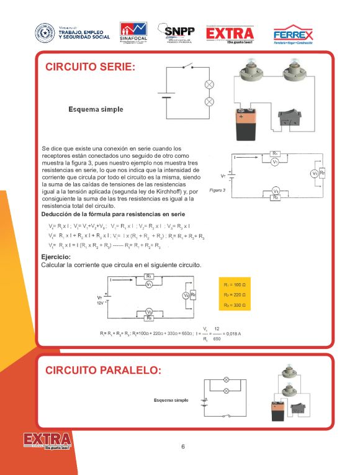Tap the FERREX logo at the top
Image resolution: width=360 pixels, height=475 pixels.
tap(293, 35)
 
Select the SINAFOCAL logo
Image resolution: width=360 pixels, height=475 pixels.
tap(133, 32)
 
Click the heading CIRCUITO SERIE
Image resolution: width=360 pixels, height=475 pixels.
tap(90, 67)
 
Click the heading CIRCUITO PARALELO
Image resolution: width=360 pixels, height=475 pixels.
tap(103, 371)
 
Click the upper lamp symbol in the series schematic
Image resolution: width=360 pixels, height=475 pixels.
tap(209, 83)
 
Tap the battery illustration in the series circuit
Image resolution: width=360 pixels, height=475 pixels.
tap(248, 124)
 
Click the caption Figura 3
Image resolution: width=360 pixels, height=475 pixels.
tap(218, 190)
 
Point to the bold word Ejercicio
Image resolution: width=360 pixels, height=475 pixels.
tap(56, 257)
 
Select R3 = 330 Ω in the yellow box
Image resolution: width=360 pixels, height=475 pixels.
tap(234, 305)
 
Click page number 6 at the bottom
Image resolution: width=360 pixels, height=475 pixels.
tap(183, 446)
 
